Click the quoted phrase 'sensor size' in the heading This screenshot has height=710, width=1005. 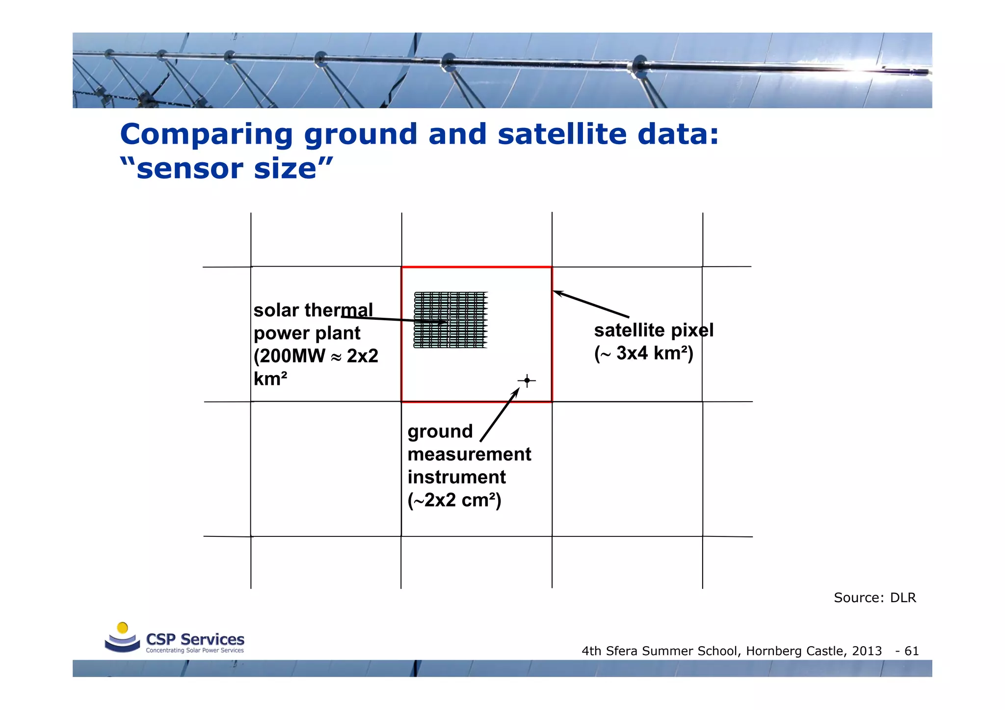(x=226, y=169)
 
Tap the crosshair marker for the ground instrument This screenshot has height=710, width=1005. (x=527, y=380)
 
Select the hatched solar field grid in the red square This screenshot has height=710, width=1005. (x=450, y=320)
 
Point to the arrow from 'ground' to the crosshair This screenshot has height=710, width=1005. (x=500, y=414)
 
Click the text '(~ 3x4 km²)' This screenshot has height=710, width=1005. (x=643, y=354)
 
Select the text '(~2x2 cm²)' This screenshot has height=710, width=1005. (x=454, y=500)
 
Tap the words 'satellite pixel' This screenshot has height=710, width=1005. (x=653, y=330)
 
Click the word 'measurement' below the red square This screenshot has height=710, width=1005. (x=469, y=455)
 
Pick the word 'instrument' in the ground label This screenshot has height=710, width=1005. (x=456, y=477)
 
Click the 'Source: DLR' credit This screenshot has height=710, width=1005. (x=874, y=598)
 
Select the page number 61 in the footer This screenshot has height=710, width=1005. (x=911, y=651)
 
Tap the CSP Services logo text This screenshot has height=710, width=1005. (x=195, y=639)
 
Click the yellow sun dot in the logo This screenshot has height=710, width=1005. (x=123, y=628)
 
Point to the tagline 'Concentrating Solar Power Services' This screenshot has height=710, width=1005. (x=194, y=651)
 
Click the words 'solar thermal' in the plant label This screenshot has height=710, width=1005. (x=313, y=310)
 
